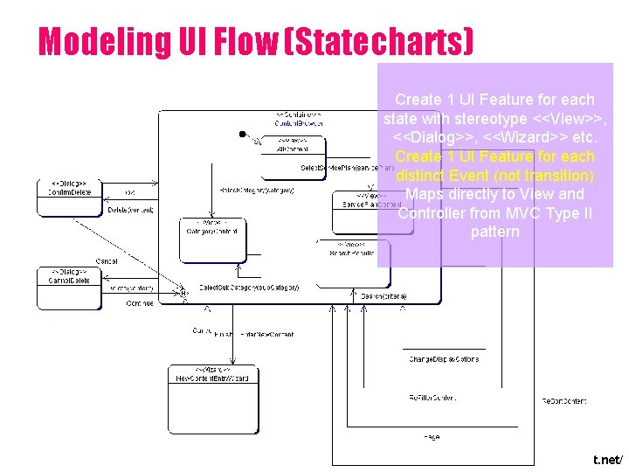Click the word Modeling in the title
pos(93,41)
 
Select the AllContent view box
pos(293,146)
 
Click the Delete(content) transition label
pos(130,210)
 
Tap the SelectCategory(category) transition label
pos(256,190)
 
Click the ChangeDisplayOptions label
pos(443,359)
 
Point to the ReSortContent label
pos(564,400)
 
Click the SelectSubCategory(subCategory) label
pos(249,287)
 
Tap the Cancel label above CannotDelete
pos(107,260)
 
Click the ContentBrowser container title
pos(299,120)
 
